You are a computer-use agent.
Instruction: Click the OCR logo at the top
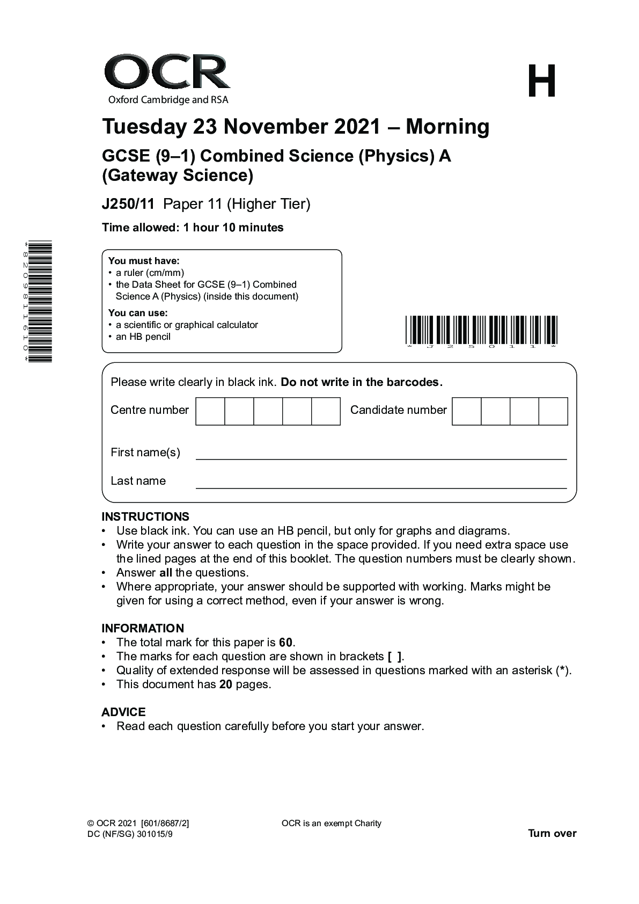point(167,78)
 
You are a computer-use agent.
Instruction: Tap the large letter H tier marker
point(541,82)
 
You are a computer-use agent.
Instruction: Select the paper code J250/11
point(128,204)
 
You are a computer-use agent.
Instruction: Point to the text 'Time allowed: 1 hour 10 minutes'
point(193,228)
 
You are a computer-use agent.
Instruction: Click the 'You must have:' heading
point(144,261)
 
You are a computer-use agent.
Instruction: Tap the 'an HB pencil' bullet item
point(143,337)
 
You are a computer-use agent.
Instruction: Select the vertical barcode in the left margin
point(40,302)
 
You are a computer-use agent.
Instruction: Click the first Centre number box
point(210,411)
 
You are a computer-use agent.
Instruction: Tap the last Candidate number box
point(553,411)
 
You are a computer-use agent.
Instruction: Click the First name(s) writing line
point(381,454)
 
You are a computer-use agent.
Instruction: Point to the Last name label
point(138,481)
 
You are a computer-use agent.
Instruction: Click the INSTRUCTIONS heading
point(145,517)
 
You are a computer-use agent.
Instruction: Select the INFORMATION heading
point(143,628)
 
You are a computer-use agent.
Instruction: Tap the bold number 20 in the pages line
point(226,684)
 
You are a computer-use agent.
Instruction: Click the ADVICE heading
point(123,712)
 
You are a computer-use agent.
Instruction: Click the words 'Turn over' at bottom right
point(552,834)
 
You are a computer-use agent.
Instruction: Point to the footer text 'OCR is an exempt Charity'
point(331,823)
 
